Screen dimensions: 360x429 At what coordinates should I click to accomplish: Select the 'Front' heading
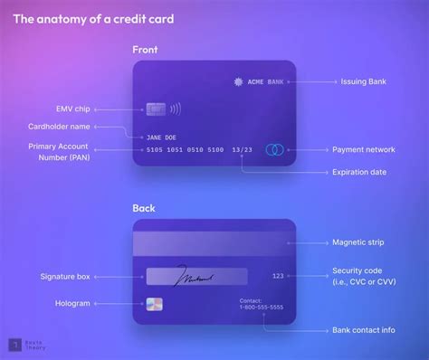coord(146,51)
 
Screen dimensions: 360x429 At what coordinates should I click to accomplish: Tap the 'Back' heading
coord(144,208)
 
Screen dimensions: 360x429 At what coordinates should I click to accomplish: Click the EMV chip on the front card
coord(156,109)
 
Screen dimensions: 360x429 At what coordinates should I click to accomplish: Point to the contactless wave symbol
coord(174,109)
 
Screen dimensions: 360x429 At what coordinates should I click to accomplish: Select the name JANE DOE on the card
coord(159,137)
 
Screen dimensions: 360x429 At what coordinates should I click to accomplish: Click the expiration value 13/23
coord(243,149)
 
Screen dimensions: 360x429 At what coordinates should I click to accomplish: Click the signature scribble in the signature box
coord(194,273)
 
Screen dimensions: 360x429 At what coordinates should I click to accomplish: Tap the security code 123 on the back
coord(278,274)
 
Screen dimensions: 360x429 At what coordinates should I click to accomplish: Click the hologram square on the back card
coord(155,304)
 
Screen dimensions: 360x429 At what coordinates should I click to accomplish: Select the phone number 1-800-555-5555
coord(261,308)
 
